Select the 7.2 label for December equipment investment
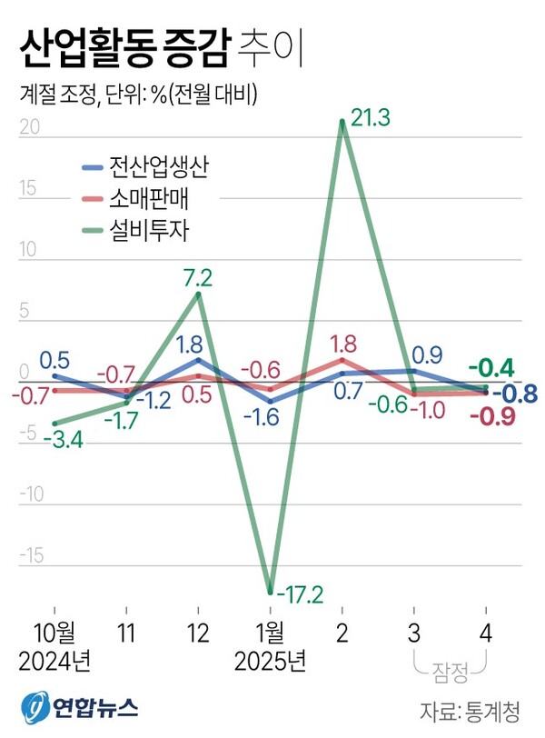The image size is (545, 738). click(x=198, y=274)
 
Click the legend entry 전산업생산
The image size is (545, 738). click(x=160, y=168)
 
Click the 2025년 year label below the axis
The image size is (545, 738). click(x=270, y=660)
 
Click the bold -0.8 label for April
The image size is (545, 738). click(x=514, y=394)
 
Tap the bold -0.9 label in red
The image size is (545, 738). click(x=495, y=417)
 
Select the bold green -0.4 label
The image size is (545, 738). click(x=495, y=369)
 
